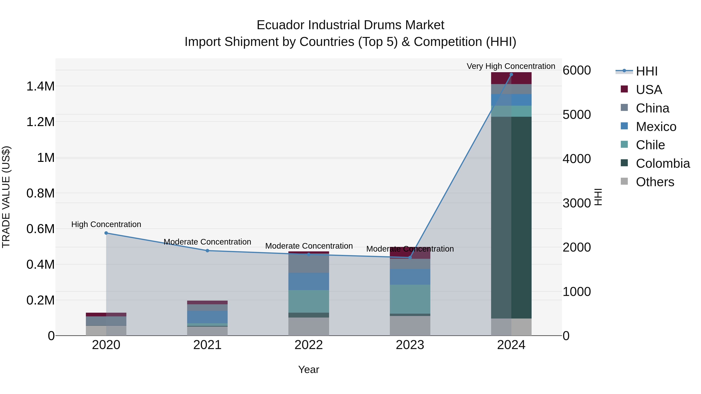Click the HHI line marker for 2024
click(511, 75)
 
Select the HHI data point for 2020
click(106, 233)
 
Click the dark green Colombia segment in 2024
click(511, 218)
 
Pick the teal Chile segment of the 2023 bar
click(410, 299)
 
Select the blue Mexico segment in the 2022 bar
click(309, 281)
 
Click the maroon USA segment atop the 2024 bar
click(511, 78)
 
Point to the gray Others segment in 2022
click(309, 326)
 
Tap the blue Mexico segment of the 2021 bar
click(207, 317)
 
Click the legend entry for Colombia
click(663, 163)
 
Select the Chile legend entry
click(650, 145)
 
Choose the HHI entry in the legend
click(646, 71)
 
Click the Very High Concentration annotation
click(511, 66)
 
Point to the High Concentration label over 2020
click(106, 224)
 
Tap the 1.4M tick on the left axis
click(40, 86)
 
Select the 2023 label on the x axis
click(410, 345)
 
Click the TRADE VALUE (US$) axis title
click(6, 197)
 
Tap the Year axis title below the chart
click(309, 369)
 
